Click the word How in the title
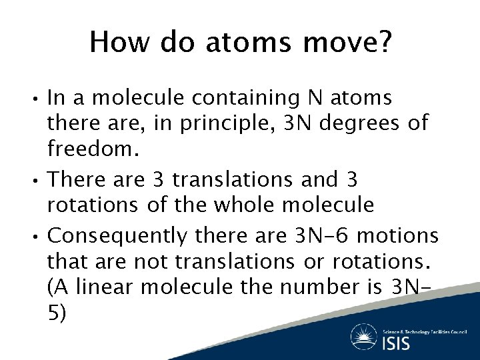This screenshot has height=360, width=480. point(114,43)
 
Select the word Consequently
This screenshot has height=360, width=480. point(119,235)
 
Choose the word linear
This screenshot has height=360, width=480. point(111,287)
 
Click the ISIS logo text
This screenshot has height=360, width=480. point(397,343)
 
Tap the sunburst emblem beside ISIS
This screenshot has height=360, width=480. point(365,337)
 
